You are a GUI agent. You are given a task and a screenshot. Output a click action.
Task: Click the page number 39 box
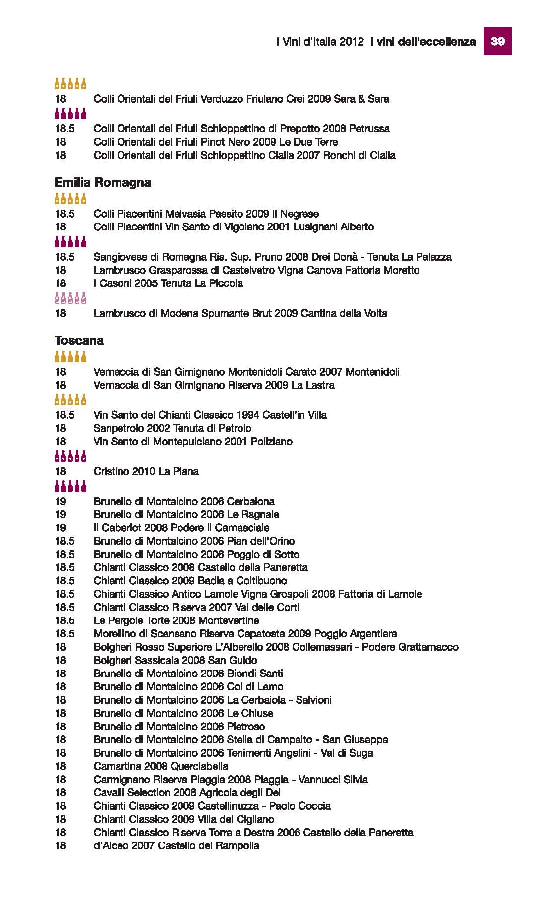[497, 42]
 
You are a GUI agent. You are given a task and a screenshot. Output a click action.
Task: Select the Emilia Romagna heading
[103, 183]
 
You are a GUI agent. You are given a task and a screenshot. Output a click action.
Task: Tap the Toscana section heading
[79, 341]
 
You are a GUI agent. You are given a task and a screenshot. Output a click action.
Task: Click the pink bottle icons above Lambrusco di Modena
[70, 298]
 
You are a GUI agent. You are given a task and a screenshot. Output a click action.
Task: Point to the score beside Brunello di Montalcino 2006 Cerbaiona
[60, 502]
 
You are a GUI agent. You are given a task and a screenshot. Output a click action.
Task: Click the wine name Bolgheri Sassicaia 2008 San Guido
[175, 660]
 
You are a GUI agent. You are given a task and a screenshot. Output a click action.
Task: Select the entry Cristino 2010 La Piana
[146, 471]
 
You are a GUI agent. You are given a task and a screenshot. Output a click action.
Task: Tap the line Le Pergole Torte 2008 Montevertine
[176, 620]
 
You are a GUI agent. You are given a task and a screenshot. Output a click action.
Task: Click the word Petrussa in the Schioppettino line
[369, 129]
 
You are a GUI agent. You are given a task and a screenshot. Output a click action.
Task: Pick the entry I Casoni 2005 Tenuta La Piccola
[168, 283]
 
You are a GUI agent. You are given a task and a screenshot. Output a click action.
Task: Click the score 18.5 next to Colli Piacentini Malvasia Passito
[64, 214]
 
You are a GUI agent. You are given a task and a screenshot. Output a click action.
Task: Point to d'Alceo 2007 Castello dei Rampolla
[176, 845]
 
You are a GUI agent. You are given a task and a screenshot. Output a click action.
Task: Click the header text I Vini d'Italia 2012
[320, 42]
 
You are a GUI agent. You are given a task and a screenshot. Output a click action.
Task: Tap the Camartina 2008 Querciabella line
[161, 766]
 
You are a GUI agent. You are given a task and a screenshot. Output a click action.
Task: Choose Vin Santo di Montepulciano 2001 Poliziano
[193, 441]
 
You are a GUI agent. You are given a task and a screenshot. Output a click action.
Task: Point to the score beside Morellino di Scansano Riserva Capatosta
[64, 634]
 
